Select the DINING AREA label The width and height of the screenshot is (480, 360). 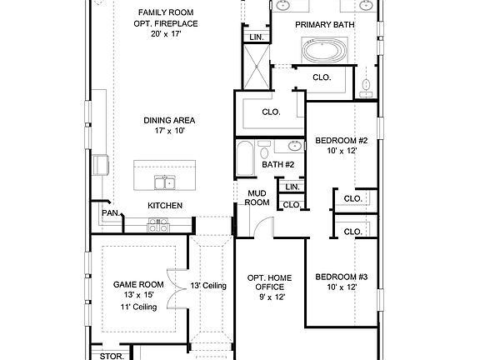[x=168, y=119]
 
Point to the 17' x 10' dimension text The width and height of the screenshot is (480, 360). [x=168, y=131]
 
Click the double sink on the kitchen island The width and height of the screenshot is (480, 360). [x=164, y=182]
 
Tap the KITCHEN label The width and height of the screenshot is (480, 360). [x=165, y=206]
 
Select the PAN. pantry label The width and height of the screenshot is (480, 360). [x=110, y=213]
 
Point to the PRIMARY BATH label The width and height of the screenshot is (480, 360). [x=326, y=25]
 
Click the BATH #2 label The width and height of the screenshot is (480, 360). [x=278, y=165]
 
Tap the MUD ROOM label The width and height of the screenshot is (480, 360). [x=256, y=198]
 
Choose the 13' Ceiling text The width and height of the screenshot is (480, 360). [x=209, y=286]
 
